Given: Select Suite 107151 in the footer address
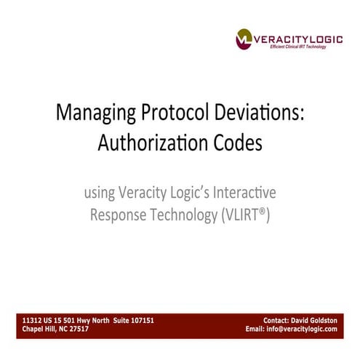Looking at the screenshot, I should (x=133, y=320).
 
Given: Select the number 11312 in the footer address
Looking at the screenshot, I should (x=32, y=320).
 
